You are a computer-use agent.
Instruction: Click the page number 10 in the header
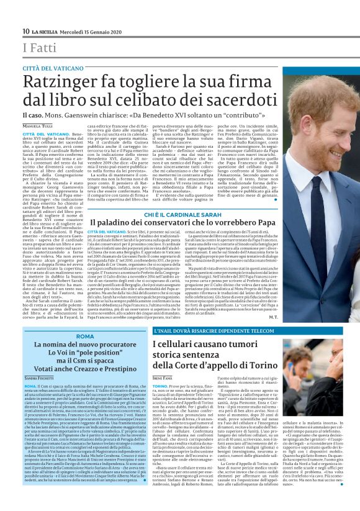25,31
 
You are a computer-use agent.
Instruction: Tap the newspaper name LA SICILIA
45,32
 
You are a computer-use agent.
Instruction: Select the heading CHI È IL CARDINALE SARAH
179,215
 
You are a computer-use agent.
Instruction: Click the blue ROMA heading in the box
84,336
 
